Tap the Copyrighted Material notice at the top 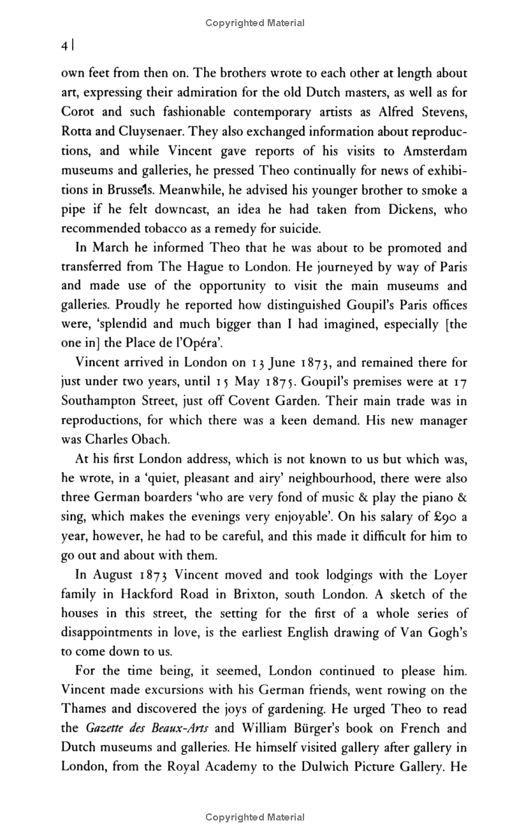(x=255, y=23)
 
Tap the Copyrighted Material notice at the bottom (x=255, y=817)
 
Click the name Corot (x=78, y=112)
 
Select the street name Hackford (x=159, y=595)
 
